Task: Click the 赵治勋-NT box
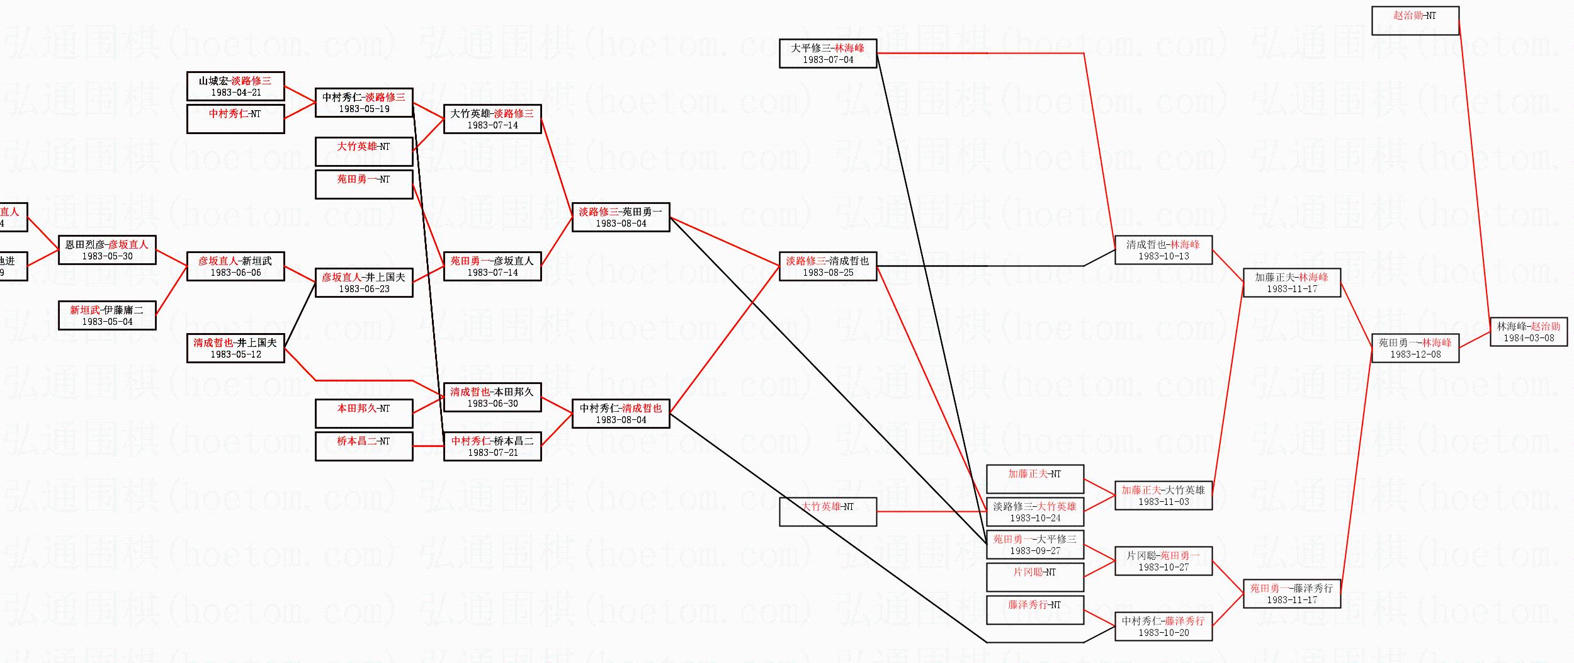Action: click(x=1415, y=20)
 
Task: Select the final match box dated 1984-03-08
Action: click(x=1528, y=332)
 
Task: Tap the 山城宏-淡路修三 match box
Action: click(x=235, y=86)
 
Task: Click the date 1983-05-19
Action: click(x=364, y=109)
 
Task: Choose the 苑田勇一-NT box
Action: click(x=364, y=184)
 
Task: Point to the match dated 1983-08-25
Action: click(x=828, y=266)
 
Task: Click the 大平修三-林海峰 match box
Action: click(x=828, y=54)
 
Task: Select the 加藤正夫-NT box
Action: click(x=1034, y=479)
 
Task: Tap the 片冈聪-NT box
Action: click(x=1034, y=577)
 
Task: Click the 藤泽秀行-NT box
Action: click(x=1034, y=610)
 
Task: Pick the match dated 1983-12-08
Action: click(x=1415, y=348)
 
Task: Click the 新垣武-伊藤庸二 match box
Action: click(x=107, y=315)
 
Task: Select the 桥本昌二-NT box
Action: click(x=364, y=446)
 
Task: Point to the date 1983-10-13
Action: click(x=1164, y=256)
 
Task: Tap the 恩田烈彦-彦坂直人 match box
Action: click(x=107, y=250)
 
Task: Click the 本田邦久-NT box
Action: click(x=364, y=414)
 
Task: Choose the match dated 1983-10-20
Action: click(x=1164, y=626)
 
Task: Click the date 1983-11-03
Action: click(x=1164, y=502)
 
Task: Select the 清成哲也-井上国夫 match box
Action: click(x=235, y=348)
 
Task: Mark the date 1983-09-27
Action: click(x=1035, y=551)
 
